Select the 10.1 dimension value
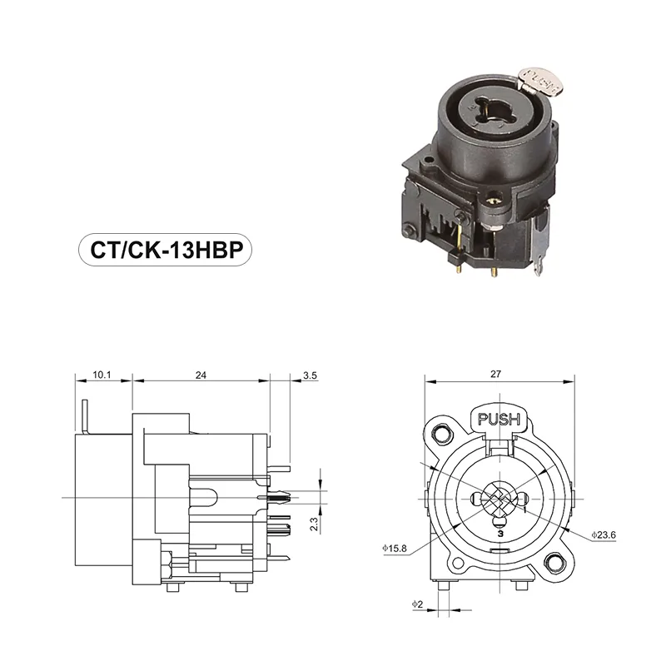pos(102,376)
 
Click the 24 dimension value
pos(201,376)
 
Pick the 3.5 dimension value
pos(310,376)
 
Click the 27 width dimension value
pos(496,375)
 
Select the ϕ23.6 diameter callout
pos(602,534)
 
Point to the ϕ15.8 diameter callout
pos(394,549)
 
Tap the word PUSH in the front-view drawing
pos(499,419)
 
